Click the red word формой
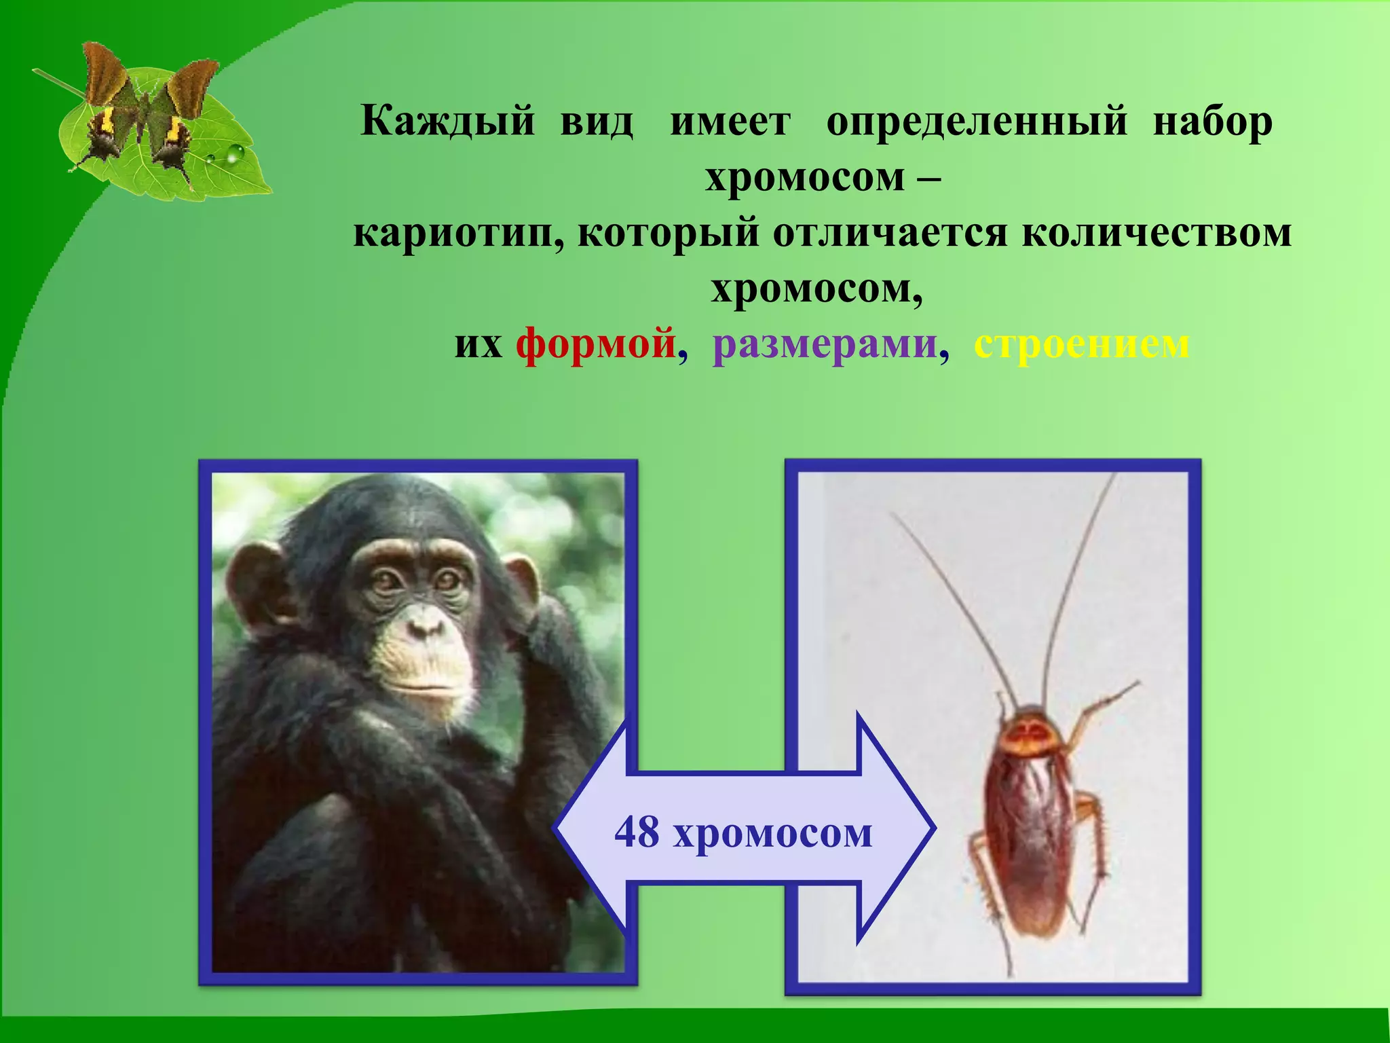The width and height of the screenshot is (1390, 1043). [x=596, y=344]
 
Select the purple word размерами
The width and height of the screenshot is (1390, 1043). [x=825, y=344]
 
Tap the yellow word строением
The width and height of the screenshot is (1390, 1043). [x=1081, y=344]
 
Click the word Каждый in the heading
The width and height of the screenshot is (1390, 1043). [x=448, y=122]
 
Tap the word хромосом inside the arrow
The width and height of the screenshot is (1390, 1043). [x=772, y=833]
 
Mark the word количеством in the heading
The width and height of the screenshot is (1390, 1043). [x=1157, y=233]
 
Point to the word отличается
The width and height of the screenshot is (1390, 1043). [x=890, y=233]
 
